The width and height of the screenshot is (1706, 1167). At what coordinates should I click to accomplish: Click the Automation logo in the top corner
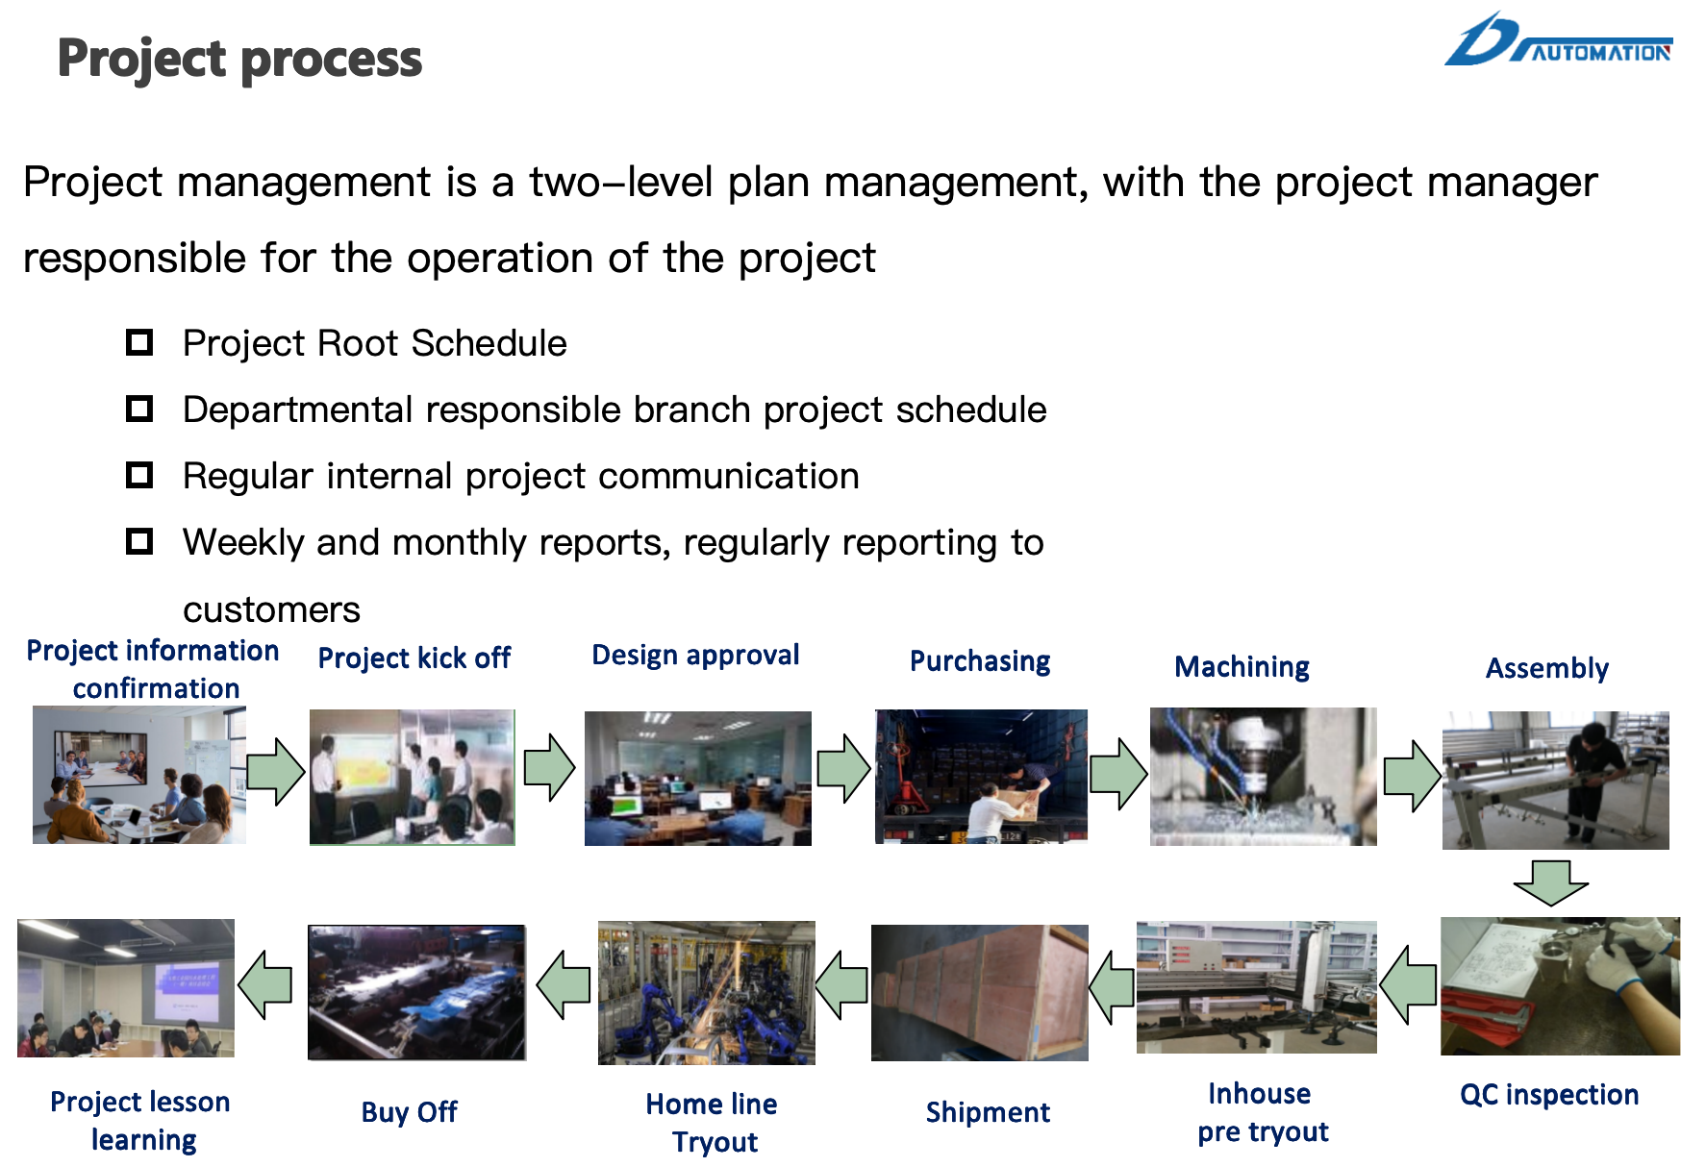(1558, 40)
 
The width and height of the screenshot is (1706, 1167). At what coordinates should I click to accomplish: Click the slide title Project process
(239, 60)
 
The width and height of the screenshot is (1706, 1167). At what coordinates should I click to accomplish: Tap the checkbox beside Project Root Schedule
(139, 342)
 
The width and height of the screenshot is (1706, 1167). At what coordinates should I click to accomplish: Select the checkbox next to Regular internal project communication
(139, 475)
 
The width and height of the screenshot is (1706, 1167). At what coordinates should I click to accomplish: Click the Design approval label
(695, 656)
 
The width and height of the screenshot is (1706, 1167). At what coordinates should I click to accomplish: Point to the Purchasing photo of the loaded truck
(981, 777)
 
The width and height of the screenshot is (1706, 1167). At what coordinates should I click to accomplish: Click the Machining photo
(1263, 777)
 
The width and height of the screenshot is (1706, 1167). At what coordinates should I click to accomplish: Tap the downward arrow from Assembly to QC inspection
(1550, 882)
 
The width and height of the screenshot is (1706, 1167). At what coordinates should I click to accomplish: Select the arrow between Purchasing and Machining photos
(1118, 774)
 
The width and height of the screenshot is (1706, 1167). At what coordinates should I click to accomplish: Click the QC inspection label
(1549, 1095)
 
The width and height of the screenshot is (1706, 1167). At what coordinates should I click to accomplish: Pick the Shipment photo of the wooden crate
(979, 993)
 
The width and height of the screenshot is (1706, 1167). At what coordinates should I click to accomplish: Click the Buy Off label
(409, 1112)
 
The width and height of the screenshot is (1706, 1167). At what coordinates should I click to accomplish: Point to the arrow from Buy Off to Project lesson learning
(264, 984)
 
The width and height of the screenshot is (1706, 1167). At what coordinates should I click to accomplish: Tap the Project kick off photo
(412, 777)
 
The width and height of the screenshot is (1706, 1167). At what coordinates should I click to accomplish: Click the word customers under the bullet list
(271, 609)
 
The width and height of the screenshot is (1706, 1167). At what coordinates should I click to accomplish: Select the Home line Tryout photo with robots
(706, 993)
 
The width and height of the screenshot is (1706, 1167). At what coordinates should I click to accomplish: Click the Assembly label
(1546, 668)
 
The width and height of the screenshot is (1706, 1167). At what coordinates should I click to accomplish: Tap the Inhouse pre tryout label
(1262, 1112)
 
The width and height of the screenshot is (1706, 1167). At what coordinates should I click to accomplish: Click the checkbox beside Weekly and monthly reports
(139, 541)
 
